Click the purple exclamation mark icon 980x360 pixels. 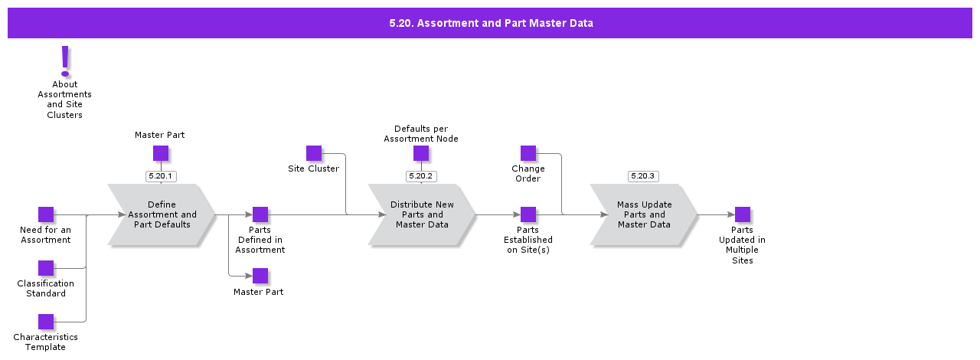[65, 61]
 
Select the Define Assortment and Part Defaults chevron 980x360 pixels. [162, 215]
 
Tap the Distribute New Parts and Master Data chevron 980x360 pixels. [422, 215]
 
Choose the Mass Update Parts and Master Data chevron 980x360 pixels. [644, 215]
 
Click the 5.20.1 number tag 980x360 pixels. [161, 176]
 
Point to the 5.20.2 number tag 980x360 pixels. [421, 176]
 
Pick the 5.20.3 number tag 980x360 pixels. [643, 176]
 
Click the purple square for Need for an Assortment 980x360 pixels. [46, 214]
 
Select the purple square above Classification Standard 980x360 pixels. [46, 268]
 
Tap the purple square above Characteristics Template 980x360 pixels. [46, 322]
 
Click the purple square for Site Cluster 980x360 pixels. [314, 153]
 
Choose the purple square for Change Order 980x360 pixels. [528, 153]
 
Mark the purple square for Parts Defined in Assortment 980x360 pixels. [260, 214]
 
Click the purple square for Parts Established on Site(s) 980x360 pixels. [528, 214]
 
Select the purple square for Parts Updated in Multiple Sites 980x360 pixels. [743, 214]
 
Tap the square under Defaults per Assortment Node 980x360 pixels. [421, 153]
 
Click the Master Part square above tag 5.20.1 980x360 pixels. [161, 153]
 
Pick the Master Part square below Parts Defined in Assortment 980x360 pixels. [260, 276]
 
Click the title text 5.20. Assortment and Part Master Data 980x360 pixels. [491, 23]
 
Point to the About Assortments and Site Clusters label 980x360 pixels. [65, 100]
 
